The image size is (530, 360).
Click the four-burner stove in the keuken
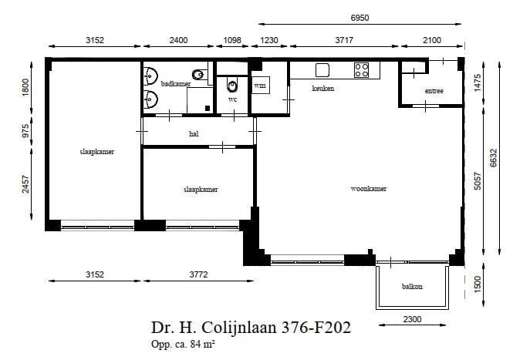coord(362,70)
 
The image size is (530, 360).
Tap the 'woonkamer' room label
coord(368,188)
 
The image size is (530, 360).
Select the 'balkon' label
coord(412,287)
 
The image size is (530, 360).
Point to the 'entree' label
coord(434,91)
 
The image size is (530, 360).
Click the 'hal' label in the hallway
coord(194,133)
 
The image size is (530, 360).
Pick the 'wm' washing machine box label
coord(260,86)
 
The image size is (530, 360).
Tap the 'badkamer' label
coord(175,83)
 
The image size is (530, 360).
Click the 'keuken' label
coord(322,89)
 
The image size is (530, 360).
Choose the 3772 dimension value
coord(199,274)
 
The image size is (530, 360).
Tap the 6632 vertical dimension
coord(495,157)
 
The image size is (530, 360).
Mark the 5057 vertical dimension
coord(478,181)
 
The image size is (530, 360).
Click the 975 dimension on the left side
coord(26,130)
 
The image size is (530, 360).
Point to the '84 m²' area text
coord(199,344)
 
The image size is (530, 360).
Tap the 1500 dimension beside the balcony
coord(478,284)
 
